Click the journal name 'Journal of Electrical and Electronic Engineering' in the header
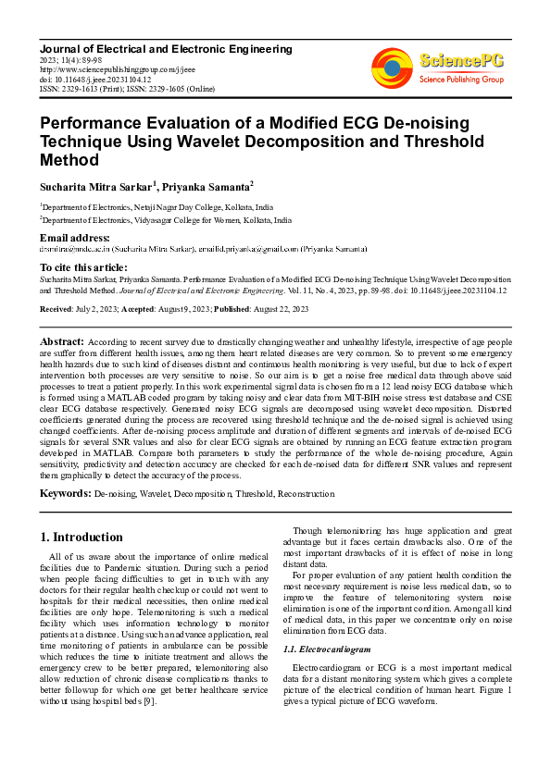(166, 48)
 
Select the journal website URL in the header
(117, 68)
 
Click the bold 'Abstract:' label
(63, 341)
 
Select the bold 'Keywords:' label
(66, 495)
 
